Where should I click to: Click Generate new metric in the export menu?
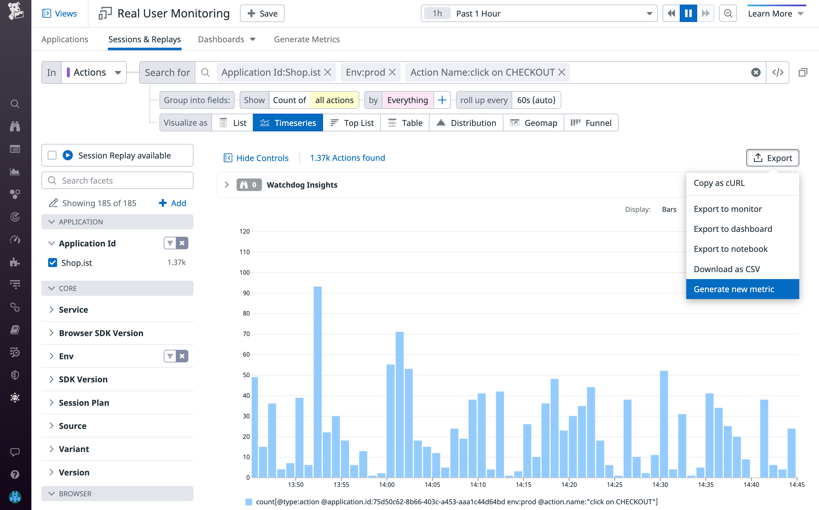coord(733,289)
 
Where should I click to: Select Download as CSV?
coord(726,269)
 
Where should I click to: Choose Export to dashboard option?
coord(732,229)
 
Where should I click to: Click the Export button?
coord(772,158)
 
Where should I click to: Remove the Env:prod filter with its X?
coord(392,72)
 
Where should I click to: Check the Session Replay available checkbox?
coord(52,156)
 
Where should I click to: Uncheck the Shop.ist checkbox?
coord(53,262)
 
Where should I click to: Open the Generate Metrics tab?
coord(306,39)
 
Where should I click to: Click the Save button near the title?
coord(262,13)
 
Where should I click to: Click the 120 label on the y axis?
coord(244,231)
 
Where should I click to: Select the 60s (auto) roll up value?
coord(536,100)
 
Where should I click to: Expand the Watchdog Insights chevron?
coord(227,185)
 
